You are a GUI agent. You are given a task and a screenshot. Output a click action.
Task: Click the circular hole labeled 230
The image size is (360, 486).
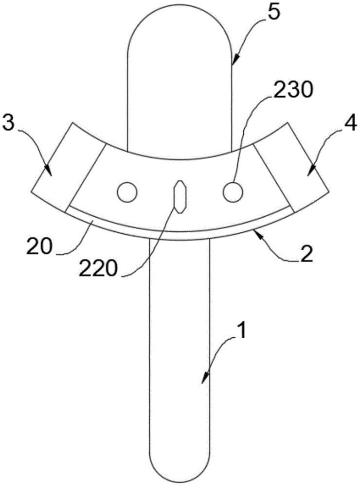click(233, 193)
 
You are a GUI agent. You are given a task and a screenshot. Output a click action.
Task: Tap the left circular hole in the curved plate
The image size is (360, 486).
click(127, 193)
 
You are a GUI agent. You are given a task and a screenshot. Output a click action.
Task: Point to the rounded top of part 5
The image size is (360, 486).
click(180, 4)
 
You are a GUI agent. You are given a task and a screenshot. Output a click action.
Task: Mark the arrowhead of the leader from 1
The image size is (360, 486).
click(205, 378)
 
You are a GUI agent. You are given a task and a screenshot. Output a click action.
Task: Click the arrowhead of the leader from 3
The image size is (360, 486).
click(49, 171)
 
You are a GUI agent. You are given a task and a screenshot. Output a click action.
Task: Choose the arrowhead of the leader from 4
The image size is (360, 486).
click(310, 171)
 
